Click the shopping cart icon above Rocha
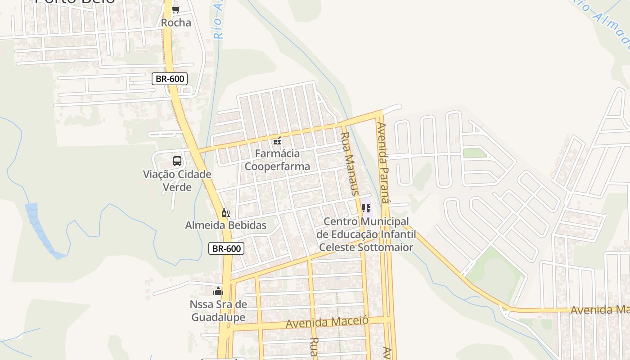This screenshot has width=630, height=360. pyautogui.click(x=176, y=9)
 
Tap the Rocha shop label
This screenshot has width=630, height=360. pyautogui.click(x=176, y=22)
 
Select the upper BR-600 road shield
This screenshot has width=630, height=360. pyautogui.click(x=170, y=79)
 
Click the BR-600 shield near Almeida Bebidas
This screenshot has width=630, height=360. pyautogui.click(x=226, y=248)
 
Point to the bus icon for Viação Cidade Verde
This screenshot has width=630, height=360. pyautogui.click(x=177, y=161)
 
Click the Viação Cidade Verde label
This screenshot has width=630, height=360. pyautogui.click(x=177, y=180)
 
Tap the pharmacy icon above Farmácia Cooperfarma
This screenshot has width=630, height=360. pyautogui.click(x=277, y=141)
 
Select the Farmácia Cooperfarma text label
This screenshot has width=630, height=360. pyautogui.click(x=277, y=160)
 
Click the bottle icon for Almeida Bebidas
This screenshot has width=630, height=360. pyautogui.click(x=225, y=212)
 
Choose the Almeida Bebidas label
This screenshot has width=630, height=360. pyautogui.click(x=226, y=225)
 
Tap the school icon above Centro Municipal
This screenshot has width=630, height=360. pyautogui.click(x=366, y=208)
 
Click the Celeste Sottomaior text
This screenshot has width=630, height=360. pyautogui.click(x=366, y=247)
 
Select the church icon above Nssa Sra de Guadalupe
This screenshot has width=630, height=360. pyautogui.click(x=218, y=291)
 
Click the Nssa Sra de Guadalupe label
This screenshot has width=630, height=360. pyautogui.click(x=219, y=310)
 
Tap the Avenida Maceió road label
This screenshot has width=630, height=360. pyautogui.click(x=327, y=322)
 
